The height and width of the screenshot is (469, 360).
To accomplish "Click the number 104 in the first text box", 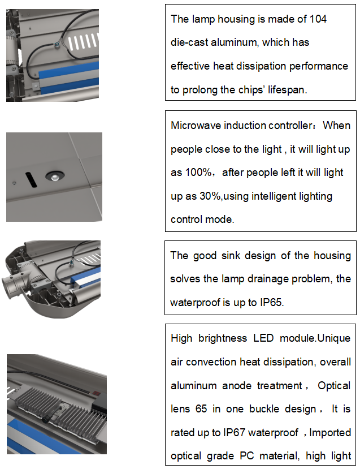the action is point(318,19).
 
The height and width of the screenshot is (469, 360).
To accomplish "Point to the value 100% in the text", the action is point(198,173).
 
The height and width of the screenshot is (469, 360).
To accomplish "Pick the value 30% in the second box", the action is point(210,196).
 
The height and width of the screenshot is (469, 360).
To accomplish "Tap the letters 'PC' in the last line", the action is point(247,456).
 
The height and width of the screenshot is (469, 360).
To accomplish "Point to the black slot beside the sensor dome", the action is point(31,179).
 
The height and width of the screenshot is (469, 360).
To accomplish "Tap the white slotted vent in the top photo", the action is point(83,41).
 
